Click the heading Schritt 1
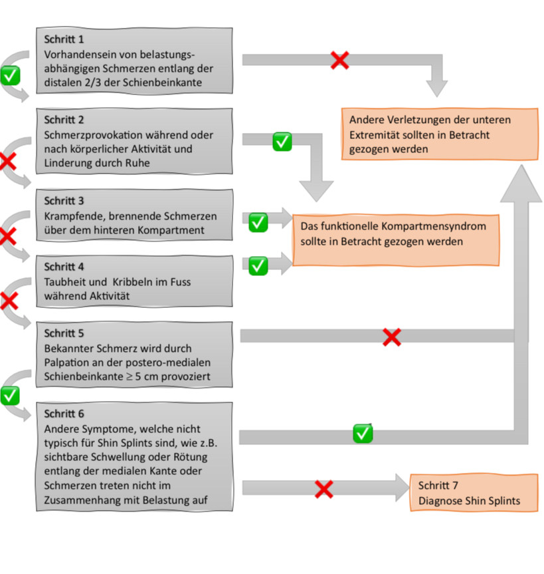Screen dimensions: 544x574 64,39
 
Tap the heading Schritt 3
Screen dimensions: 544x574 64,201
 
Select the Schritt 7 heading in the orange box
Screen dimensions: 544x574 438,486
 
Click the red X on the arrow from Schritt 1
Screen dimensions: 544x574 339,60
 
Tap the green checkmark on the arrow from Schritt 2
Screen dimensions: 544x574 282,142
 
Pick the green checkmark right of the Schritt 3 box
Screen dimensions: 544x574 258,222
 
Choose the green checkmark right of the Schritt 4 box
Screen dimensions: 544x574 258,266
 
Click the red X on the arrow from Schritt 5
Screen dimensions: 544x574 392,337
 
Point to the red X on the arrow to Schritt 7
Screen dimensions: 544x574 324,490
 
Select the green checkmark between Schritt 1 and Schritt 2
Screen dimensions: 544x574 10,76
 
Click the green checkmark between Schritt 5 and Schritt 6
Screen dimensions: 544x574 10,396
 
